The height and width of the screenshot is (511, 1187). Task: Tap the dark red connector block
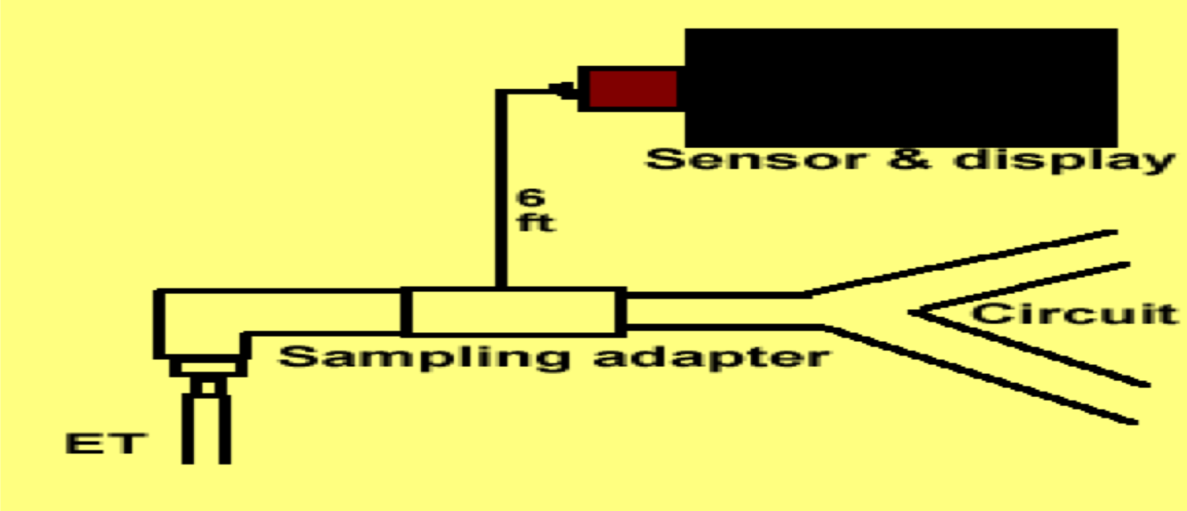pos(633,89)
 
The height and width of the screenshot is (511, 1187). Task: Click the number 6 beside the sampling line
pos(530,197)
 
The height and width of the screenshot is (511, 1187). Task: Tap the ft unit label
pos(536,223)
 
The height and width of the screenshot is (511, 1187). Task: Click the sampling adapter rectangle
pos(513,312)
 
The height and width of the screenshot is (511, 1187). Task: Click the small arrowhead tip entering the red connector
pos(562,89)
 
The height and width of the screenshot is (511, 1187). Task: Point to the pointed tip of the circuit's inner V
pos(916,312)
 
